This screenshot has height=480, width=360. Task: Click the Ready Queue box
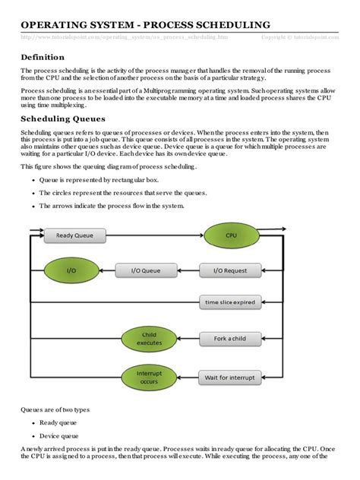point(74,235)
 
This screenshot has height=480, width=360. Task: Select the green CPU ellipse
point(232,235)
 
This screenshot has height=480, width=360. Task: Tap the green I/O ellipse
point(71,269)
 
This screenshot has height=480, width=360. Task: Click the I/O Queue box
point(146,269)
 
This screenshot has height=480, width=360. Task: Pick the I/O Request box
point(230,269)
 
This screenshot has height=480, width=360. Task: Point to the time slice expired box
point(230,302)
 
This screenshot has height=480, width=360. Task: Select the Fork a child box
point(230,339)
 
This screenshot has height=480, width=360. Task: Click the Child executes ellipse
point(149,339)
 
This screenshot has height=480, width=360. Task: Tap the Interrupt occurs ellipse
point(149,376)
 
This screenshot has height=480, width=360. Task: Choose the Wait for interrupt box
point(230,377)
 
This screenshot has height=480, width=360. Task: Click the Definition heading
point(43,57)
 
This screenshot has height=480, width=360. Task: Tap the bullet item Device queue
point(62,436)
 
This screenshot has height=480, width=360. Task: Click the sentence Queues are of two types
point(55,409)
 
